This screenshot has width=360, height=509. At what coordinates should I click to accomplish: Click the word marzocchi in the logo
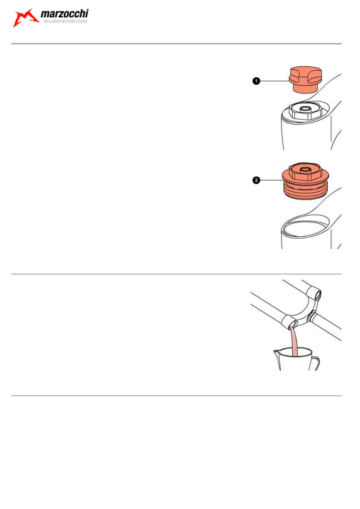point(65,14)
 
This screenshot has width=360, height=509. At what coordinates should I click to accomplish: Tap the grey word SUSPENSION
point(65,21)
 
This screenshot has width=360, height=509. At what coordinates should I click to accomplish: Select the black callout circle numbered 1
point(256,81)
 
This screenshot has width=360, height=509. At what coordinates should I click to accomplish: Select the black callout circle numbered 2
point(256,180)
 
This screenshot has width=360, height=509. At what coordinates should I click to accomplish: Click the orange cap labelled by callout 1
point(305,79)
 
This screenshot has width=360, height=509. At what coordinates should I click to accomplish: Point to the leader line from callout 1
point(275,81)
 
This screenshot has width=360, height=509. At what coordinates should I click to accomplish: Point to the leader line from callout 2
point(271,180)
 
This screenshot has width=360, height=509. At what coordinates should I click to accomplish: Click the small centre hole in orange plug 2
point(305,170)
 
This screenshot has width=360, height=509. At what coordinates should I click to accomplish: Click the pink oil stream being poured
point(294,342)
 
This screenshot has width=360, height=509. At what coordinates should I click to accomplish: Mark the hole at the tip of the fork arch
point(318,295)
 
